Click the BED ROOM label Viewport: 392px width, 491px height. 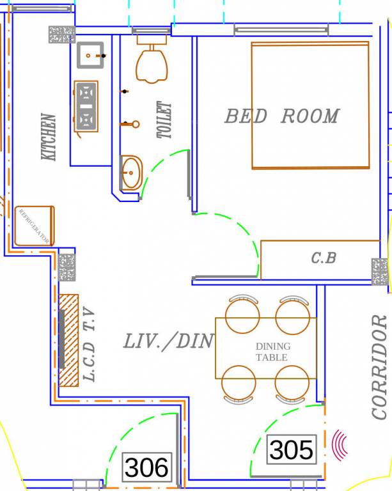(281, 116)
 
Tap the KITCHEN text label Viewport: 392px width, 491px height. (49, 137)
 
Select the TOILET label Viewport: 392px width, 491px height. (165, 120)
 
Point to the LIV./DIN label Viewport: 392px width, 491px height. (168, 341)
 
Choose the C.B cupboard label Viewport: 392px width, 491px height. (324, 258)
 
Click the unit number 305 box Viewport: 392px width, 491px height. (292, 450)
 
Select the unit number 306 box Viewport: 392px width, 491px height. (148, 468)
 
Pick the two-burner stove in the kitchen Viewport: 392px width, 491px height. (86, 106)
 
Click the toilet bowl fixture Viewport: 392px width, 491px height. (152, 64)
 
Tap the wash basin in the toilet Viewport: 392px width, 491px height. (132, 173)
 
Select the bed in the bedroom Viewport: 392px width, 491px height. (310, 105)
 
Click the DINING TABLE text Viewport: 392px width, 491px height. (272, 352)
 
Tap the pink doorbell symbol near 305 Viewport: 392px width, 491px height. (340, 444)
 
